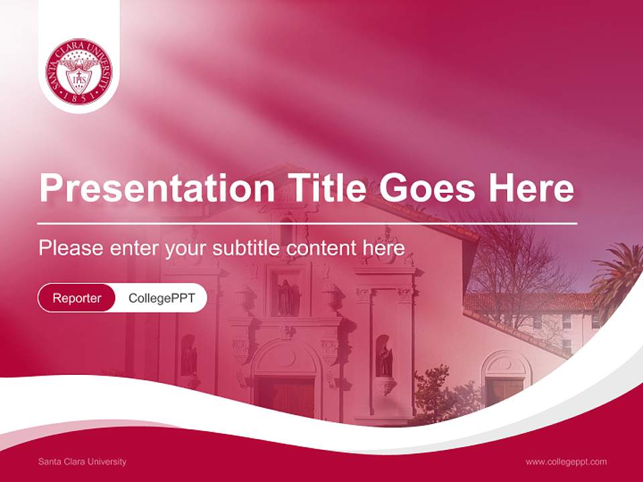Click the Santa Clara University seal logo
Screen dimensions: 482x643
[79, 72]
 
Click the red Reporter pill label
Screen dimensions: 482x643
[77, 298]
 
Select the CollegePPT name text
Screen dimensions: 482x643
[161, 298]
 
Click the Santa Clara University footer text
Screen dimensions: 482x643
[82, 461]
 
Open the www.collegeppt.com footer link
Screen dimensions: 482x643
[566, 461]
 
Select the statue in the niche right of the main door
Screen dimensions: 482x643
[384, 359]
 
